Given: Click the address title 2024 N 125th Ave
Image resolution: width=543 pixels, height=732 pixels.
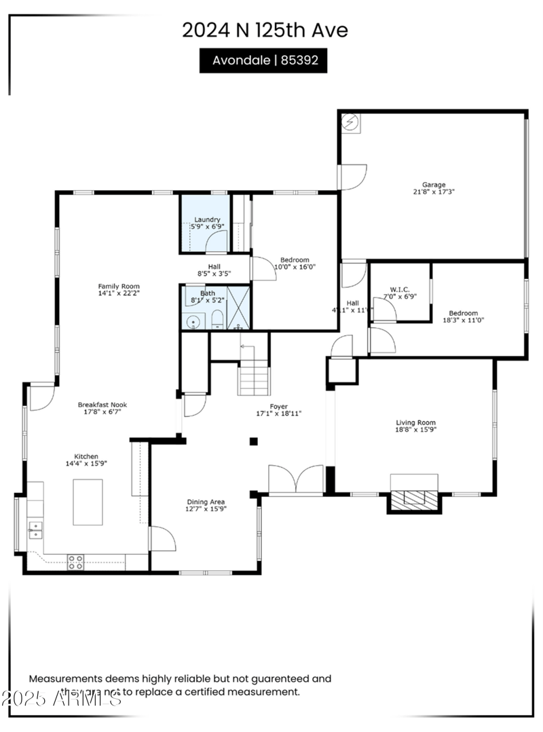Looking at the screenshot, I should click(x=265, y=30).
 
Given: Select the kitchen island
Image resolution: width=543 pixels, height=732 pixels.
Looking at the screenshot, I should click(x=88, y=502).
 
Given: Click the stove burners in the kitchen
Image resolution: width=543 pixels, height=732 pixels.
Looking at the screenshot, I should click(x=75, y=562).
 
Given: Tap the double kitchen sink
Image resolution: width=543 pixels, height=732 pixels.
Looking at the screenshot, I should click(x=35, y=530).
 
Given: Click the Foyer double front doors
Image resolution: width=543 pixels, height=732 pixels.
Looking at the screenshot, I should click(x=296, y=479).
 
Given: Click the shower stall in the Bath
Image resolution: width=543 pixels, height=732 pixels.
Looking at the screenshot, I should click(x=238, y=308).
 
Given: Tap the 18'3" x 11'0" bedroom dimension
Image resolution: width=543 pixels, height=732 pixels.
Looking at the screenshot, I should click(x=464, y=319).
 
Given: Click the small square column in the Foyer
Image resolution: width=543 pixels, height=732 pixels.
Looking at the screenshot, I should click(x=253, y=441).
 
